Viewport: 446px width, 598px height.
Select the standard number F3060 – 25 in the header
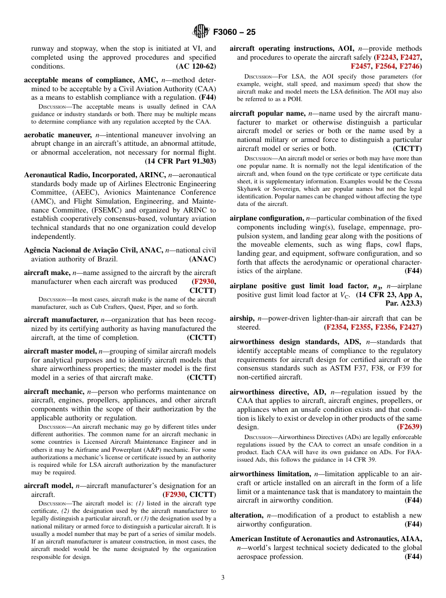click(x=234, y=32)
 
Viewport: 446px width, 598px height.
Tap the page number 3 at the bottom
click(x=223, y=578)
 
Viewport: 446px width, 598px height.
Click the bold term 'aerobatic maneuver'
click(x=58, y=134)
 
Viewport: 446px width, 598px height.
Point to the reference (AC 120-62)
click(x=196, y=66)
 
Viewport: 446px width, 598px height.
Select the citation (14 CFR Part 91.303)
click(x=180, y=161)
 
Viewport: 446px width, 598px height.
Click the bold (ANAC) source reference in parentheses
click(x=202, y=259)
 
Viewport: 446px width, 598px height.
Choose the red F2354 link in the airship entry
click(x=336, y=327)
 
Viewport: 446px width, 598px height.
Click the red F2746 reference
click(x=410, y=66)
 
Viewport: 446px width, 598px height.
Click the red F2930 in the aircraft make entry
click(x=204, y=282)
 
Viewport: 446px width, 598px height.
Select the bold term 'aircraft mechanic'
click(x=54, y=391)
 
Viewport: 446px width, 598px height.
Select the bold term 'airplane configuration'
click(x=266, y=218)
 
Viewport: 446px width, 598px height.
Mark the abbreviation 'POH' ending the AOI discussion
click(x=295, y=99)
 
